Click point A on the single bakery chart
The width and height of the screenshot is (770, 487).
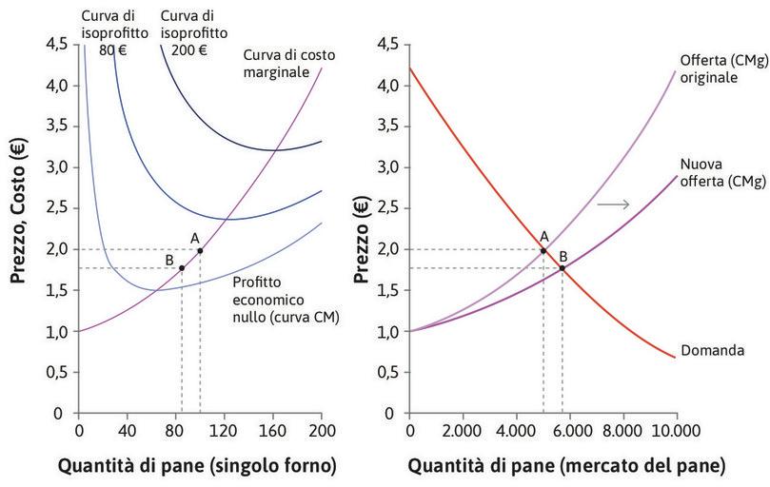pyautogui.click(x=200, y=250)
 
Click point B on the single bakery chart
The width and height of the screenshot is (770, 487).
pyautogui.click(x=182, y=267)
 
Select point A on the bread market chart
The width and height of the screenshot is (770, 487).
pyautogui.click(x=543, y=250)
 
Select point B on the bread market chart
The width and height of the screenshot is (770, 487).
pyautogui.click(x=563, y=267)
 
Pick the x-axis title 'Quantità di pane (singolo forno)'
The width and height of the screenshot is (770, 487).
pyautogui.click(x=197, y=466)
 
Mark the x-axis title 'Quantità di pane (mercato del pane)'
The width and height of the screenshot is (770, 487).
pyautogui.click(x=566, y=466)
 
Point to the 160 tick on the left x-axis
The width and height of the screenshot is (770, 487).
pyautogui.click(x=273, y=430)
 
